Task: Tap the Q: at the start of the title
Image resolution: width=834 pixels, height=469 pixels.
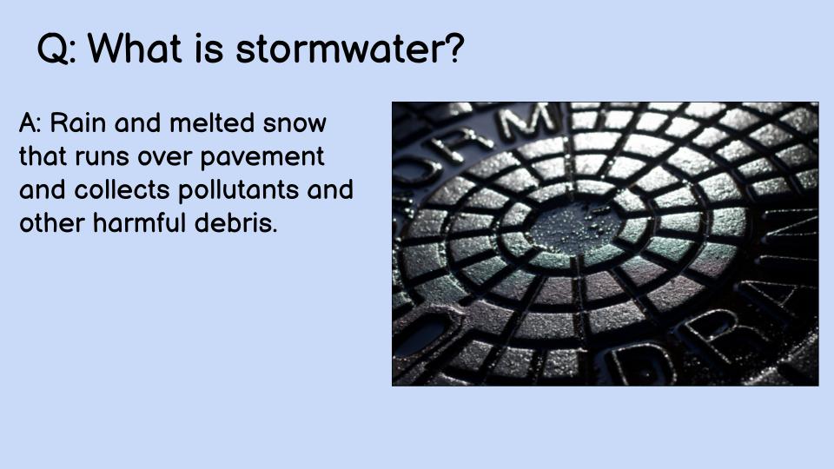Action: [57, 50]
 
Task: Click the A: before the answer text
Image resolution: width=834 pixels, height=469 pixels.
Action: [30, 123]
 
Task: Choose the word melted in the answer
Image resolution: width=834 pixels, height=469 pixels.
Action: [211, 123]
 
